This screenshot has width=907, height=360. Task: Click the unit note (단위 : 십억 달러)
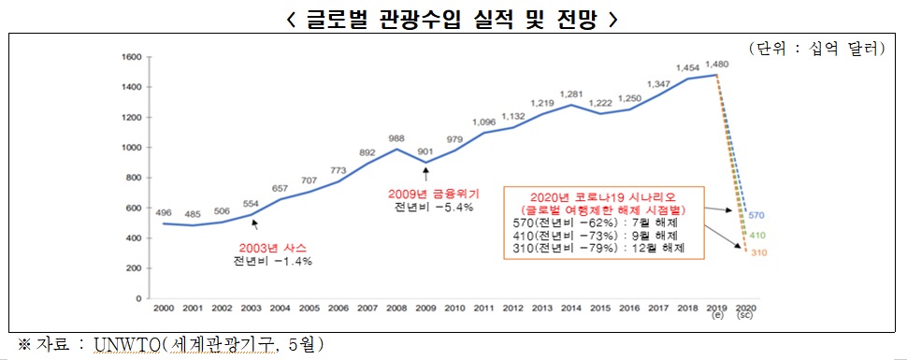[814, 48]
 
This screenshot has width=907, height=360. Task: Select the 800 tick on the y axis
[132, 177]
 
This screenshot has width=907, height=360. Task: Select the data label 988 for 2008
[396, 137]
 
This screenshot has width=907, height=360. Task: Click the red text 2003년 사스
[273, 248]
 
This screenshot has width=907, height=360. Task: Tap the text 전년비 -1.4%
[273, 262]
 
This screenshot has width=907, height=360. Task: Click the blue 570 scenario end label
[757, 214]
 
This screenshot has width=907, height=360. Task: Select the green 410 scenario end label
[757, 236]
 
